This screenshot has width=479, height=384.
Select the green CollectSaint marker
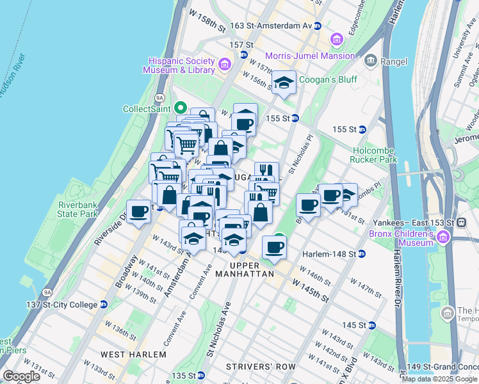pyautogui.click(x=181, y=108)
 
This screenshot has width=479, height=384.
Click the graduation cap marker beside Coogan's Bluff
pyautogui.click(x=284, y=82)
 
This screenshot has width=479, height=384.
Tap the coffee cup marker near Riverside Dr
pyautogui.click(x=138, y=211)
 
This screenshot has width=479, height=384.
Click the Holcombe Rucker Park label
pyautogui.click(x=375, y=154)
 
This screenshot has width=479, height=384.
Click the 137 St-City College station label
pyautogui.click(x=70, y=303)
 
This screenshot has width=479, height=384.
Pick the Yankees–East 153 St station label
pyautogui.click(x=413, y=222)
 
